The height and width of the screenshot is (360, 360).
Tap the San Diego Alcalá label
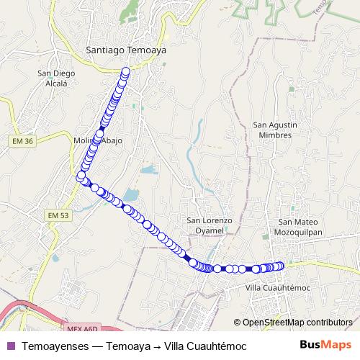[x=53, y=78]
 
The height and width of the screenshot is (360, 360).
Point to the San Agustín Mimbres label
[x=272, y=130]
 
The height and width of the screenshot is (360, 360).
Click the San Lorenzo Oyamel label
[x=210, y=225]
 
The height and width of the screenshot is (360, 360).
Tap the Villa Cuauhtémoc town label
[x=277, y=287]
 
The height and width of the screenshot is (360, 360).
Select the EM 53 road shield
[x=58, y=215]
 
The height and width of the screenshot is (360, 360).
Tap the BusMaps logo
[x=330, y=346]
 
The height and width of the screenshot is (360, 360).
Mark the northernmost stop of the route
[x=126, y=71]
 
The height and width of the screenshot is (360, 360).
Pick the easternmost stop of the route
[x=281, y=266]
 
